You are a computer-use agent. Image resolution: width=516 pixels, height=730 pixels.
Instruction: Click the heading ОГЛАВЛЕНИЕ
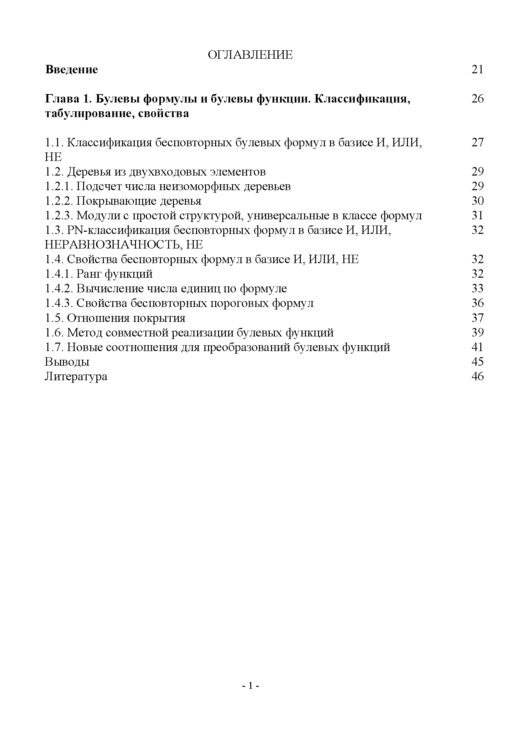[x=250, y=55]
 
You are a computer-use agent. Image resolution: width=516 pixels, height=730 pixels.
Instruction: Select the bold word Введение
[x=71, y=70]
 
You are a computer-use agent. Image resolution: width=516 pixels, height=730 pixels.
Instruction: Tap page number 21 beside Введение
[x=477, y=70]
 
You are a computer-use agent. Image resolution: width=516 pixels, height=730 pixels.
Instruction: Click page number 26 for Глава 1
[x=477, y=99]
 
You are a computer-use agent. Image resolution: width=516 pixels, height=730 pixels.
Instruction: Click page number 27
[x=477, y=142]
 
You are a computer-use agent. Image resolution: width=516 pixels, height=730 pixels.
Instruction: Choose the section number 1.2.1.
[x=59, y=186]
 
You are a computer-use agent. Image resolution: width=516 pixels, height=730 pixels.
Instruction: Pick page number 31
[x=477, y=215]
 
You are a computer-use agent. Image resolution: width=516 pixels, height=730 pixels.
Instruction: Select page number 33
[x=477, y=288]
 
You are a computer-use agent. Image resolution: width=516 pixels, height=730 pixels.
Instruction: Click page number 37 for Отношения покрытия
[x=477, y=318]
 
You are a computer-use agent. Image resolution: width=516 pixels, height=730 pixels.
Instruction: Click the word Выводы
[x=67, y=362]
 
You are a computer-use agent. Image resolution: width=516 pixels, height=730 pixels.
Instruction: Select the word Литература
[x=76, y=376]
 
